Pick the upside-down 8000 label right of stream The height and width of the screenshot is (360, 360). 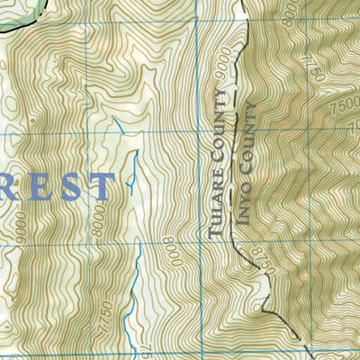coord(169,251)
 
